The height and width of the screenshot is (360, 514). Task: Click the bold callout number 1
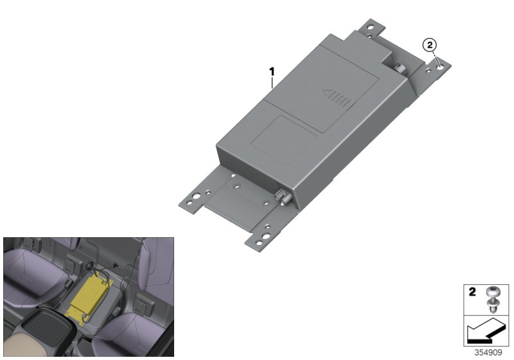pos(272,71)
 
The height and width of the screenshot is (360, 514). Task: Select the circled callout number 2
pos(430,45)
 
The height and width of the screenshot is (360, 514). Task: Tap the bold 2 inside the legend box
pos(472,292)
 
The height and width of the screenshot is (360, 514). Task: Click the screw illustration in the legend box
pos(491,300)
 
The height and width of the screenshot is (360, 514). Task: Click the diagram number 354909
pos(488,352)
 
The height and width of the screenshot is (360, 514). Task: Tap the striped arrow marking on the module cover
pos(337,98)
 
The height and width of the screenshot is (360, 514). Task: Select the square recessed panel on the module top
pos(284,139)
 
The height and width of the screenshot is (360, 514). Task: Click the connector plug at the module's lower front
pos(283,197)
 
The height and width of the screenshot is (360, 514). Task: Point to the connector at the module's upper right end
pos(398,68)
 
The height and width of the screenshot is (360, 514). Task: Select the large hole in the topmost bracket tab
pos(371,27)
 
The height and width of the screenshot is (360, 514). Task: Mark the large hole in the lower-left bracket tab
pos(196,197)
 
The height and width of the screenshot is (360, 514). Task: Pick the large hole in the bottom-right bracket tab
pos(266,235)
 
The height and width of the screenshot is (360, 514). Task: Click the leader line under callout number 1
pos(272,83)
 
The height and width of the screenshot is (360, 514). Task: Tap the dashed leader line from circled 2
pos(435,59)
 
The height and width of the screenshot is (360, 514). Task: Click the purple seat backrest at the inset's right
pos(155,266)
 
